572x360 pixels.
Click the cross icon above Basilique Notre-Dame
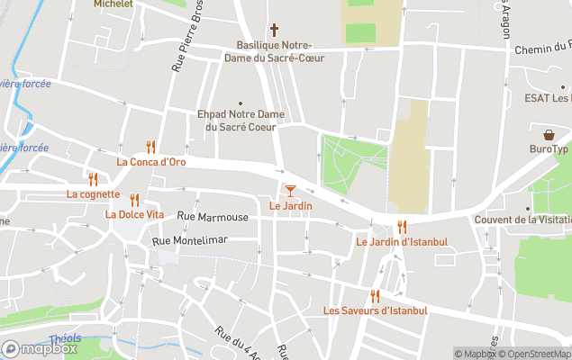(x=274, y=30)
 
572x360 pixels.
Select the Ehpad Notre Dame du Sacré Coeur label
(x=241, y=121)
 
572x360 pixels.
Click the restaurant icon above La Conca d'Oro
(x=150, y=147)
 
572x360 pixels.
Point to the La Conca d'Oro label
(x=150, y=162)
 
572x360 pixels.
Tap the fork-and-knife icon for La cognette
(x=92, y=179)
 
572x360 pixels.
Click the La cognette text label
(x=93, y=193)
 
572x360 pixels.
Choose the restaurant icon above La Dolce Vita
(x=134, y=200)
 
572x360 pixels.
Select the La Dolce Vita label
(x=134, y=214)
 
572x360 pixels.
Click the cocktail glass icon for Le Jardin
(x=290, y=190)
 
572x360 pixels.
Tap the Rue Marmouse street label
(x=213, y=217)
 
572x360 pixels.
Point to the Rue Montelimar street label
(x=190, y=239)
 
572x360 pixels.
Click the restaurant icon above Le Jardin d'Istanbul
(x=402, y=227)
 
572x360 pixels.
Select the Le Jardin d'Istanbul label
(x=402, y=241)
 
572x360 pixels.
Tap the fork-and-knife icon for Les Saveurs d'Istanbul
(x=375, y=296)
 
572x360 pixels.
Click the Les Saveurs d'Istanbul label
(x=375, y=310)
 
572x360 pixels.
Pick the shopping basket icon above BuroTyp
(x=549, y=134)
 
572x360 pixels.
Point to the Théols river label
(x=64, y=339)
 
